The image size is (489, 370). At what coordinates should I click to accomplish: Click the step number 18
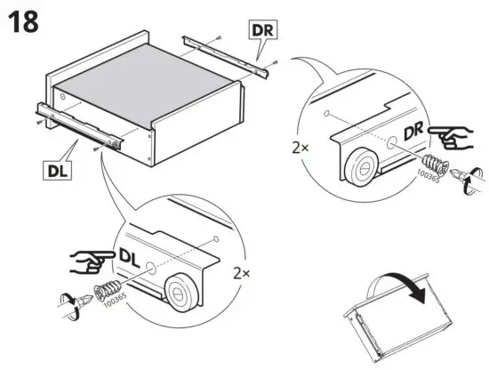point(23,22)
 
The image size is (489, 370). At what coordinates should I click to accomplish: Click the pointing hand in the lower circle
point(88,261)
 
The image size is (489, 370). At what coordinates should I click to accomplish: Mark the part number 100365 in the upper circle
point(429,181)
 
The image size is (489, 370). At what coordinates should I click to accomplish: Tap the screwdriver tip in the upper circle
point(458,173)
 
